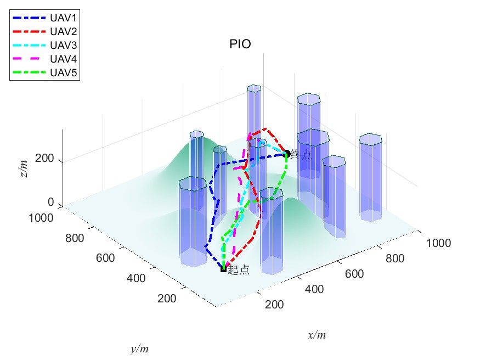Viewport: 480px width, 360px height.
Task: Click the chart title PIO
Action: pyautogui.click(x=240, y=44)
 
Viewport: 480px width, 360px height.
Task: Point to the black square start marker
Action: pyautogui.click(x=223, y=269)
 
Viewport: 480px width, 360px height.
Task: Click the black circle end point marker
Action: pyautogui.click(x=286, y=154)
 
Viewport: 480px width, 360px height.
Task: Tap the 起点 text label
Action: pyautogui.click(x=239, y=270)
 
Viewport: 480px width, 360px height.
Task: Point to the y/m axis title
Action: pyautogui.click(x=139, y=348)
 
